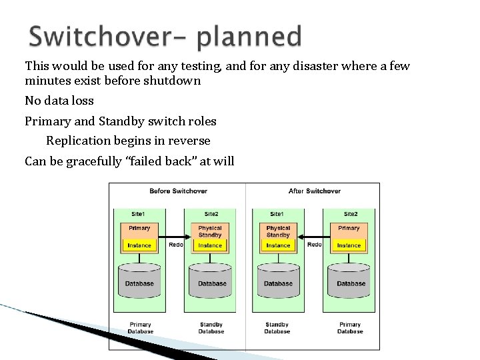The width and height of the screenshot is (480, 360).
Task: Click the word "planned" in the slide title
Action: tap(249, 37)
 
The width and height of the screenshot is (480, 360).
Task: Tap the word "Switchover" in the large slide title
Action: tap(107, 37)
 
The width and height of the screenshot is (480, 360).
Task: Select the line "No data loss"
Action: tap(59, 101)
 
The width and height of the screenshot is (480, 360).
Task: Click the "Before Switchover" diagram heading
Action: tap(178, 191)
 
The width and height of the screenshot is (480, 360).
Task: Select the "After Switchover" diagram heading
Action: tap(315, 191)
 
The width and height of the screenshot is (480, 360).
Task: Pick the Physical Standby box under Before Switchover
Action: tap(210, 231)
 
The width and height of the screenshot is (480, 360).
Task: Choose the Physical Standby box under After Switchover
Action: tap(278, 231)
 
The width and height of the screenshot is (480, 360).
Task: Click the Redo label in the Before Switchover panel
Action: tap(175, 245)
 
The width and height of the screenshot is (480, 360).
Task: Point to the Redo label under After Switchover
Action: tap(314, 245)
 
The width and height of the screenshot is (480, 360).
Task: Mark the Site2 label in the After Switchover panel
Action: tap(350, 214)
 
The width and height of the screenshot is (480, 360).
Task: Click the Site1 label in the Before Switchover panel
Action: tap(138, 214)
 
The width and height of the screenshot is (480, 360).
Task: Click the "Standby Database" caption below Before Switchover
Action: tap(211, 328)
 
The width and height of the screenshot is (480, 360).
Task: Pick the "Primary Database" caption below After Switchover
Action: tap(349, 328)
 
